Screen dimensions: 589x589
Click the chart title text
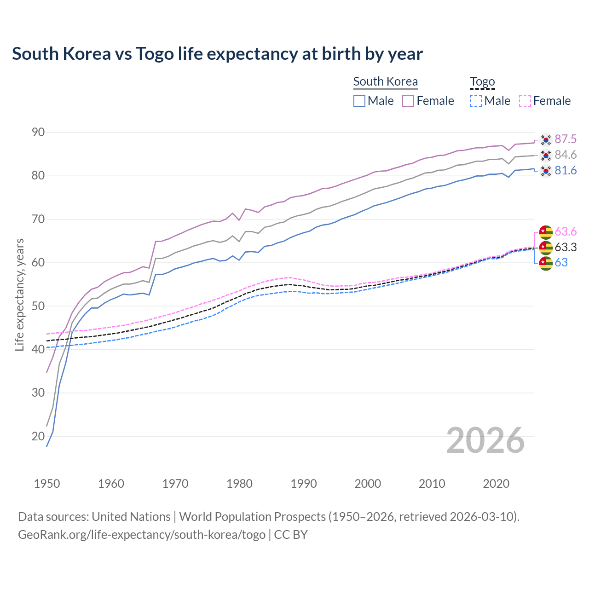tap(217, 54)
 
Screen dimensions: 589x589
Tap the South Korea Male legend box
tap(359, 101)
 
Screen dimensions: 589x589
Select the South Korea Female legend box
tap(408, 101)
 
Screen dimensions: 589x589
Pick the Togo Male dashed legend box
tap(476, 101)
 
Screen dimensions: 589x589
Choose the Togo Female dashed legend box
tap(525, 101)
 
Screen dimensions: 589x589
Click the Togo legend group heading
tap(482, 82)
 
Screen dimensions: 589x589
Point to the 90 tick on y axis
tap(38, 133)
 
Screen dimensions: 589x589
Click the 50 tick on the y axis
tap(38, 306)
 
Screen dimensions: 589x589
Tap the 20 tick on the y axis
tap(38, 436)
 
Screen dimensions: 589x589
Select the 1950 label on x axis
tap(47, 484)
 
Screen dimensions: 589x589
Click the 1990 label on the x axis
tap(304, 484)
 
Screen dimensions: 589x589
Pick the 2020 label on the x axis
tap(496, 484)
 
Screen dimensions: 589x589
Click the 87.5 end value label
tap(566, 139)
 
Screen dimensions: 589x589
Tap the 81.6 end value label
tap(566, 171)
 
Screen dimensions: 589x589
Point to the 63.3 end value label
tap(566, 248)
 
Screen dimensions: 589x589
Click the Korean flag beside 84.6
tap(546, 155)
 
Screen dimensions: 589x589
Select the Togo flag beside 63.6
tap(546, 232)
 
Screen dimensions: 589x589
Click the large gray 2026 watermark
tap(485, 440)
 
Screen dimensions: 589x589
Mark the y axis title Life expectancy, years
tap(20, 294)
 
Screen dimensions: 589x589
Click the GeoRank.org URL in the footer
tap(142, 535)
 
